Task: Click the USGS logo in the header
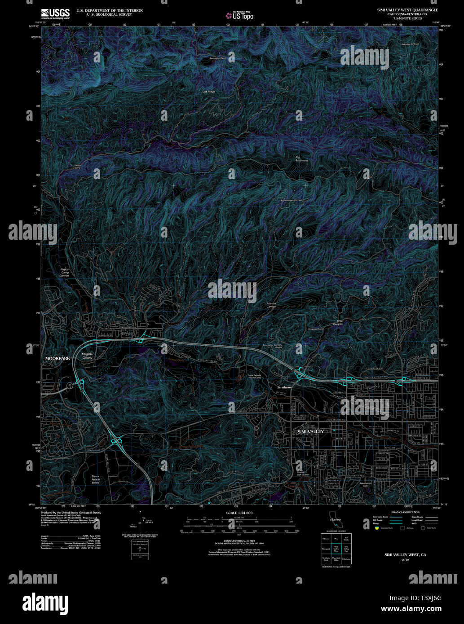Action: tap(55, 13)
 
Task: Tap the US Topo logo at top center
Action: tap(239, 15)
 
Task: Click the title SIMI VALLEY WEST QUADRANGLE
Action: tap(407, 10)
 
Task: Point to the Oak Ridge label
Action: tap(208, 92)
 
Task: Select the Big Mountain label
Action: tap(301, 158)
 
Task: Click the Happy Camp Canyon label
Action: tap(65, 272)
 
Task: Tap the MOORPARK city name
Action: tap(57, 359)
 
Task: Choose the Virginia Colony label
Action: tap(87, 356)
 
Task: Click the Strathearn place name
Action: tap(284, 387)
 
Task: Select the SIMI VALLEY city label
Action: tap(310, 431)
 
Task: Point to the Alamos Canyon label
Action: tap(271, 305)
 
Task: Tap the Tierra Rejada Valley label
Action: tap(95, 479)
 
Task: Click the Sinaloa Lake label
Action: tap(291, 484)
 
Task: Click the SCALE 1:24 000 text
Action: tap(239, 513)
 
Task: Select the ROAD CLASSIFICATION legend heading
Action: tap(405, 512)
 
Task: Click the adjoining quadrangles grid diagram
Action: tap(336, 548)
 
